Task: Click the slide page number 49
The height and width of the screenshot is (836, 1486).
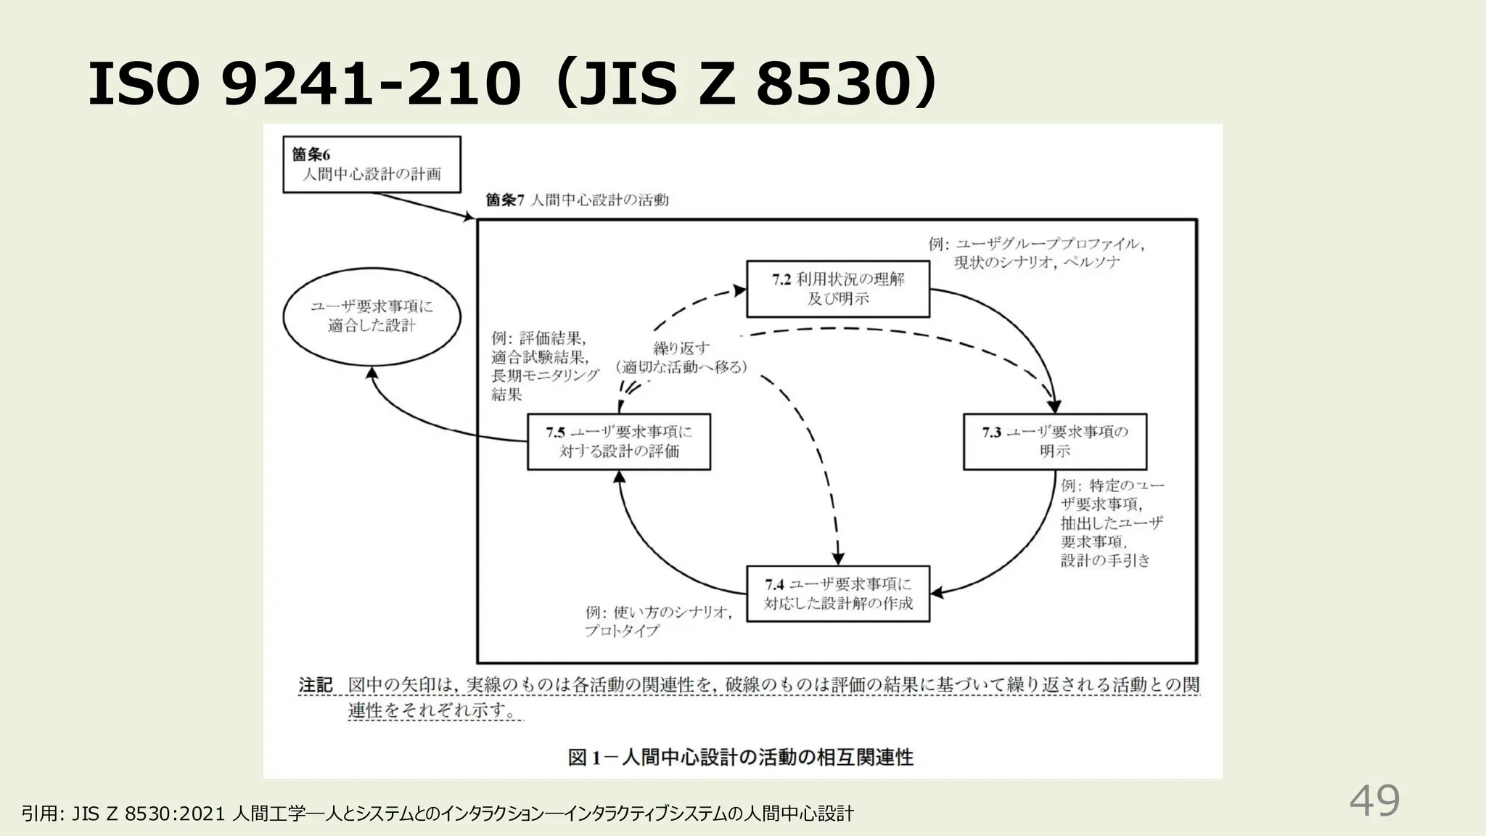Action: click(x=1374, y=801)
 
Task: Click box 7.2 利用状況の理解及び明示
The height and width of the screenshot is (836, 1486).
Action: click(x=838, y=289)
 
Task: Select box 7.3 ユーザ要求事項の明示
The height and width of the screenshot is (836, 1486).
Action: click(x=1054, y=441)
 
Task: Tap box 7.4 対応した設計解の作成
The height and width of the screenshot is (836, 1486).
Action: click(x=838, y=594)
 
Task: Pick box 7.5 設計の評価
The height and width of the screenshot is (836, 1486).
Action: click(x=618, y=441)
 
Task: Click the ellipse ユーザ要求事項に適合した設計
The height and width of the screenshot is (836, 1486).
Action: click(x=371, y=316)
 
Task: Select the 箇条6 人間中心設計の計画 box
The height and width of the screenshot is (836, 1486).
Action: click(x=371, y=165)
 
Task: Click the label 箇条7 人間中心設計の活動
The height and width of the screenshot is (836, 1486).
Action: click(x=577, y=200)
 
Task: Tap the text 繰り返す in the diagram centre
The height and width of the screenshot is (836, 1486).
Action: click(x=681, y=348)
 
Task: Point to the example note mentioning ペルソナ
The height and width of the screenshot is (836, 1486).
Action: click(x=1036, y=253)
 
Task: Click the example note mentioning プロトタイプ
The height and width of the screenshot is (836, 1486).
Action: click(x=657, y=622)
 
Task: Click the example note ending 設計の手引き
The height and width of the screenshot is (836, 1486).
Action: click(x=1110, y=522)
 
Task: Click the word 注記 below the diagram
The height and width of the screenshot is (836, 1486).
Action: click(x=316, y=685)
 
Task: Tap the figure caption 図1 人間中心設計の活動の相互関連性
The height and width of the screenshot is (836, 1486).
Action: click(x=740, y=758)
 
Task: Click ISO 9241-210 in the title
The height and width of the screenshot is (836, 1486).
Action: click(x=305, y=83)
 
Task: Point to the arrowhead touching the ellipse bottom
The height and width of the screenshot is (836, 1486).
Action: click(x=371, y=372)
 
